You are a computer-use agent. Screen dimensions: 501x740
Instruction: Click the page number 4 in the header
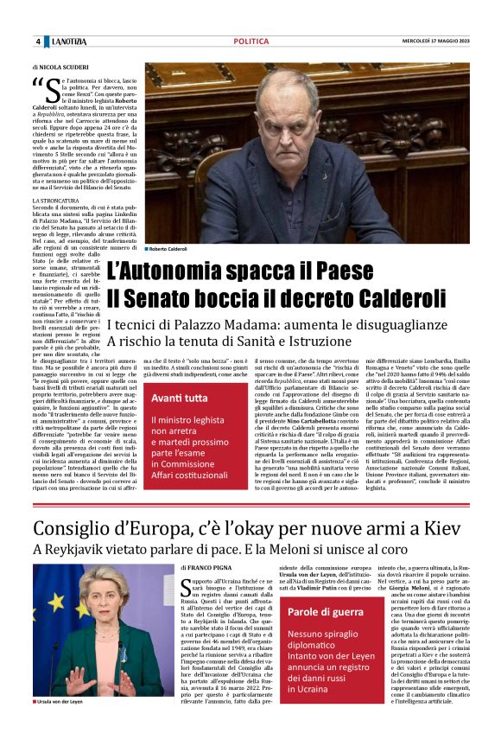(38, 41)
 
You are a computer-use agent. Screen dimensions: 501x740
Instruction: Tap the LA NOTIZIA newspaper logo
(67, 41)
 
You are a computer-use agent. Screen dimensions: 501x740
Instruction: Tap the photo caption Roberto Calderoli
(168, 249)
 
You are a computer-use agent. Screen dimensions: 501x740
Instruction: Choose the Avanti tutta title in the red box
(180, 398)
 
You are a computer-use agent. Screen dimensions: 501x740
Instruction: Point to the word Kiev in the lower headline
(444, 528)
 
